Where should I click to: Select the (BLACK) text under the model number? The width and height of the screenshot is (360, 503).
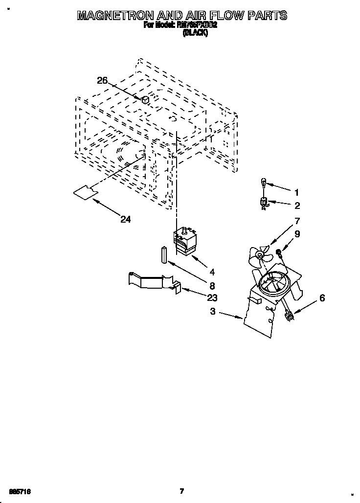click(x=195, y=33)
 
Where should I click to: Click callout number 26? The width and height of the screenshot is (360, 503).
click(x=102, y=81)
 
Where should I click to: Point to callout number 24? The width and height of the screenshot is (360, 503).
click(x=126, y=220)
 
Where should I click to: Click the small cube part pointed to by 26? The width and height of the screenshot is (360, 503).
click(x=145, y=99)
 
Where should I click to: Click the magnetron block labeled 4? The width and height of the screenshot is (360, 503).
click(x=185, y=242)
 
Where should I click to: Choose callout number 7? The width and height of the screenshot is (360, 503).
click(x=297, y=221)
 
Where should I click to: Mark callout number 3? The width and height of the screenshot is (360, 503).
click(x=212, y=312)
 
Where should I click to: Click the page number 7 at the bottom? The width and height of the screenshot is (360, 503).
click(x=181, y=490)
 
